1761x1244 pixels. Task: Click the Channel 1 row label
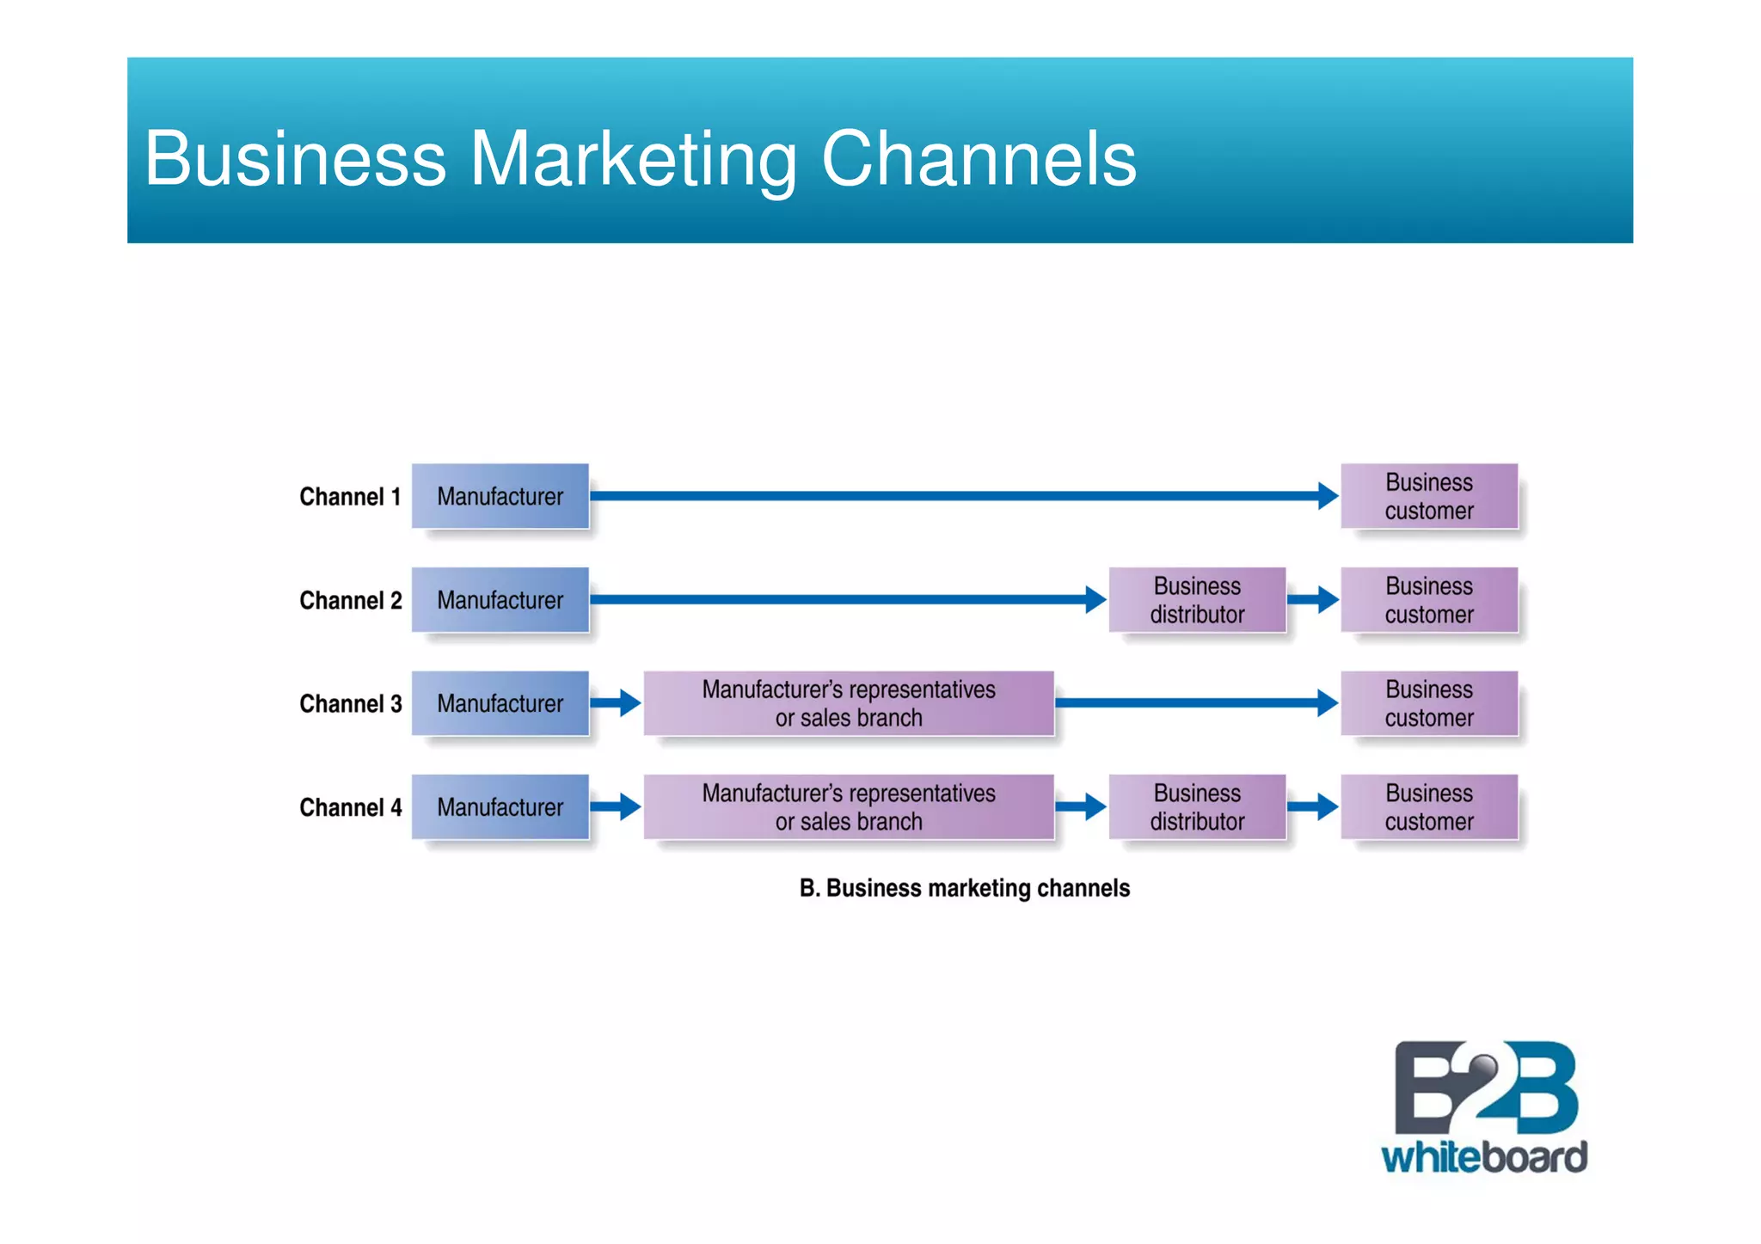(350, 497)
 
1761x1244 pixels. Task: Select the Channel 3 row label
(350, 704)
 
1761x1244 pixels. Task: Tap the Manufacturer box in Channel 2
(500, 600)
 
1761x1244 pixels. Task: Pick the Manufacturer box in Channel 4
(500, 807)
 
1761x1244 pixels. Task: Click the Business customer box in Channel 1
(1429, 496)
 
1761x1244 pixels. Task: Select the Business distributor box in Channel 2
(1197, 600)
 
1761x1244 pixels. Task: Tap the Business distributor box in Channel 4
(1197, 807)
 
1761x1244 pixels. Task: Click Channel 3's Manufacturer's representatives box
(849, 703)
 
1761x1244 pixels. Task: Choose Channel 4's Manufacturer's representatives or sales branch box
(849, 807)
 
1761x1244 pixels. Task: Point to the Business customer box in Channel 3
(1429, 703)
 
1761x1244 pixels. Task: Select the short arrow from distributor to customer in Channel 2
(1313, 600)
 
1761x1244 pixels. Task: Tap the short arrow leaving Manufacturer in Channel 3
(617, 703)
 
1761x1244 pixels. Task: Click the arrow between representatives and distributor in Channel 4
(1081, 807)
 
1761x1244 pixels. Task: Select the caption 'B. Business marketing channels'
(964, 888)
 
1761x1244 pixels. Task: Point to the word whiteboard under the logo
(1484, 1157)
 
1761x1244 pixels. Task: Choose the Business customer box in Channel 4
(1429, 807)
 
